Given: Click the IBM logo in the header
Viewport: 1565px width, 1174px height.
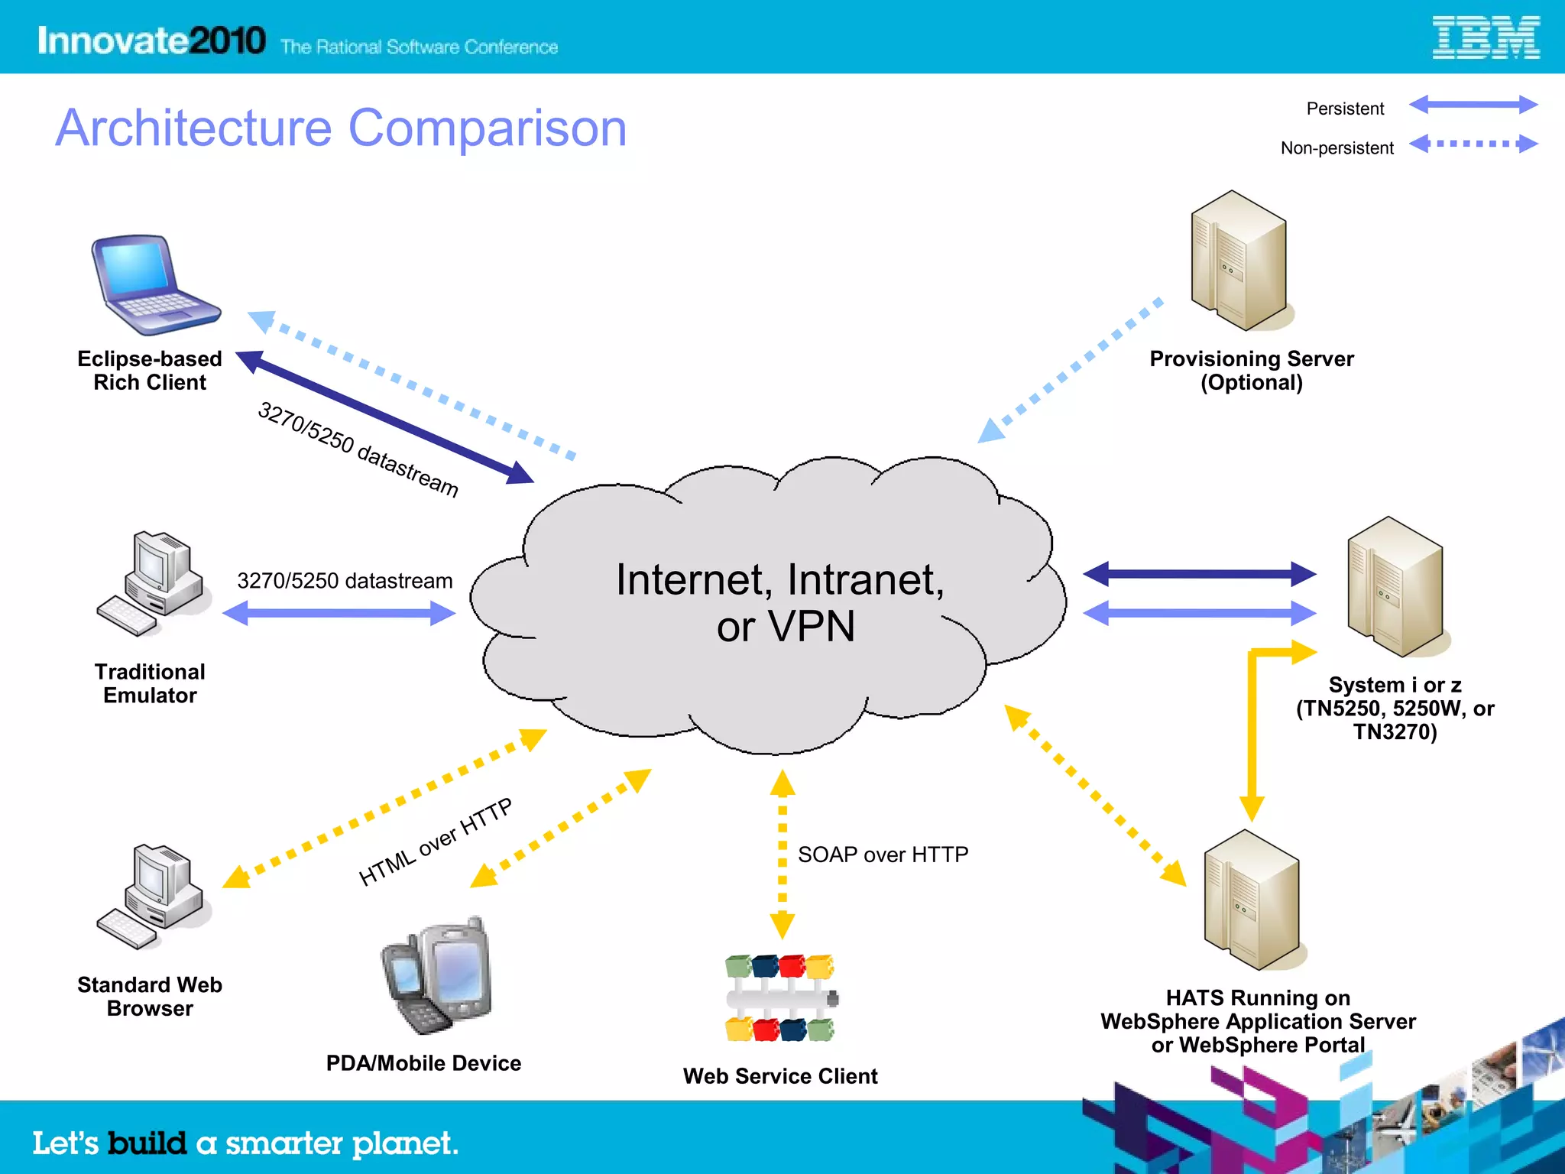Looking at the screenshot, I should pyautogui.click(x=1486, y=38).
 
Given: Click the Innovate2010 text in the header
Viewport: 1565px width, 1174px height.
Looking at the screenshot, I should pyautogui.click(x=151, y=41).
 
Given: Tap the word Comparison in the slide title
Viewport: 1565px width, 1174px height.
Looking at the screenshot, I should pyautogui.click(x=488, y=128).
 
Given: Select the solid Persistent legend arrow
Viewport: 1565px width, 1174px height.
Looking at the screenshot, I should pyautogui.click(x=1473, y=105).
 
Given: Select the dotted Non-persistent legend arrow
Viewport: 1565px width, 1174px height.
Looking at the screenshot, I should pyautogui.click(x=1473, y=143).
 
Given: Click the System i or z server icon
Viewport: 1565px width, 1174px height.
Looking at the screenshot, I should pyautogui.click(x=1395, y=587).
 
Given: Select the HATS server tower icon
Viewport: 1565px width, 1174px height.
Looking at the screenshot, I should pyautogui.click(x=1252, y=900).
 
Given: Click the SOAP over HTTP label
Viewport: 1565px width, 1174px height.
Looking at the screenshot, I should pyautogui.click(x=883, y=855).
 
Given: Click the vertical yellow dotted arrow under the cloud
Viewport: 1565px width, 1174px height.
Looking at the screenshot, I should pyautogui.click(x=782, y=854).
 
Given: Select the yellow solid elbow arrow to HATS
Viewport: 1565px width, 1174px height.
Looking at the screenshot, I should pyautogui.click(x=1252, y=726).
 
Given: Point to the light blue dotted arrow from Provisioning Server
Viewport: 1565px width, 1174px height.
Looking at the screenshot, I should pyautogui.click(x=1070, y=371).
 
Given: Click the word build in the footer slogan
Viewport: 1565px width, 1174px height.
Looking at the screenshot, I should pyautogui.click(x=147, y=1143).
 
